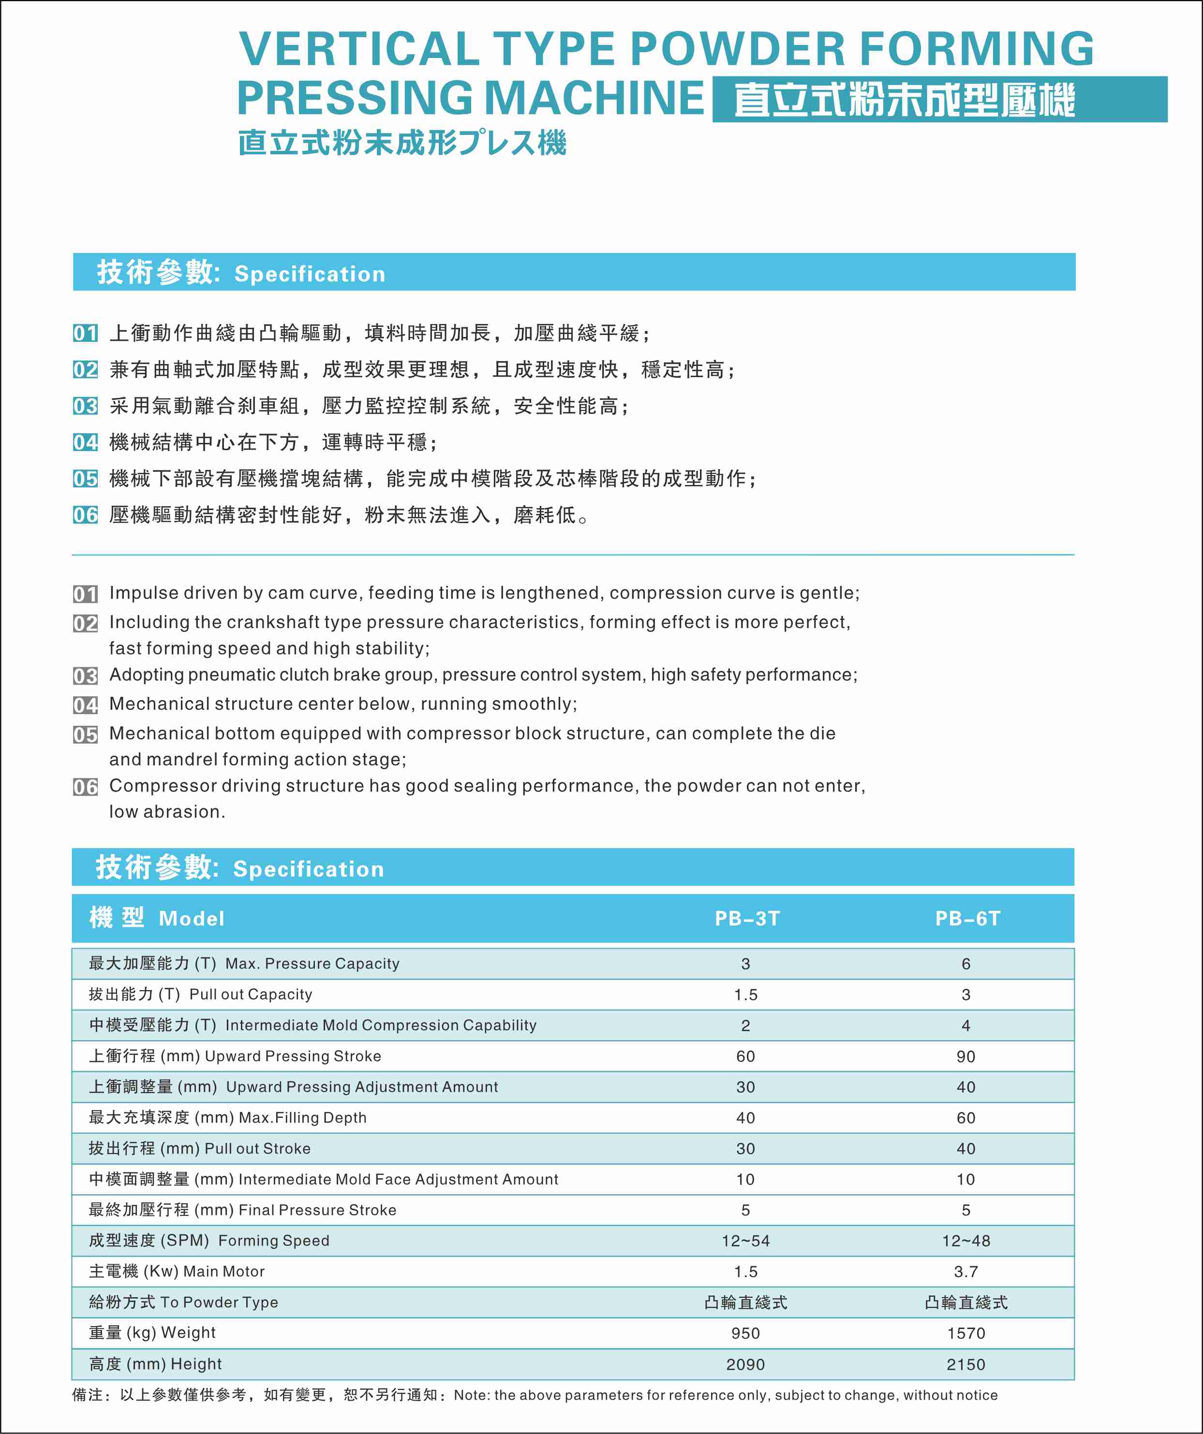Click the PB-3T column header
pos(747,919)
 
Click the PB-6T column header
pos(967,919)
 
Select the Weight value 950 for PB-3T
pos(745,1333)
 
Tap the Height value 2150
pos(965,1364)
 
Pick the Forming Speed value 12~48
pos(965,1241)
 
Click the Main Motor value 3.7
pos(965,1272)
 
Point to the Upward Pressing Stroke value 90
pos(965,1056)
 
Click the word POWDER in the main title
pos(737,49)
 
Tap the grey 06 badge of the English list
pos(86,787)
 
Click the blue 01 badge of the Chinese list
pos(86,333)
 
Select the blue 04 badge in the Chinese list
pos(86,442)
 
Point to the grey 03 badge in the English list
pos(86,675)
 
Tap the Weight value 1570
pos(965,1333)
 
